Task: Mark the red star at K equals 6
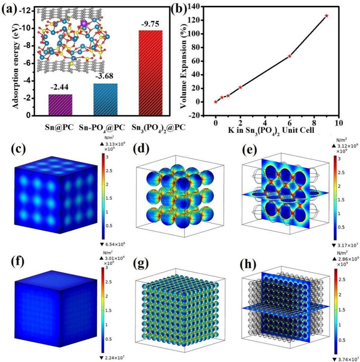[x=290, y=56]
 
